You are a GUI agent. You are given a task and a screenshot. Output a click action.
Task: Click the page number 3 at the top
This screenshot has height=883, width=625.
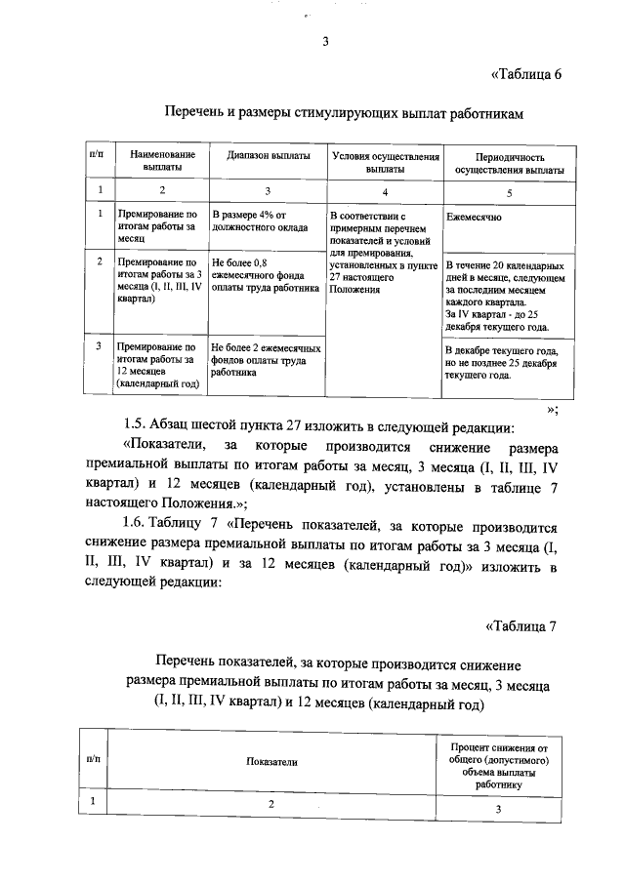[x=324, y=41]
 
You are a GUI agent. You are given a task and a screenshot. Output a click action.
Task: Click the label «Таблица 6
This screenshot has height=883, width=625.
[x=524, y=75]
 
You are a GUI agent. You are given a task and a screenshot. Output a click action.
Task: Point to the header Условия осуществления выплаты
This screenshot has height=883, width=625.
[x=383, y=161]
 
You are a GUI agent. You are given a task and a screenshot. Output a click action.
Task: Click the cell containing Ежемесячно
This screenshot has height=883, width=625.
[x=474, y=217]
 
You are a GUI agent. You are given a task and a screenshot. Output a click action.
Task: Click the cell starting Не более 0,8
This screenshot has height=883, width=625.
[x=265, y=276]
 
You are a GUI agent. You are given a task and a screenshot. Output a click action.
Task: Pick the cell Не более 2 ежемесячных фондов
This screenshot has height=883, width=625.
[x=265, y=360]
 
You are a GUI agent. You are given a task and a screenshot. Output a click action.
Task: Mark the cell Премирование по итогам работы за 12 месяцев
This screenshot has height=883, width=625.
[x=157, y=365]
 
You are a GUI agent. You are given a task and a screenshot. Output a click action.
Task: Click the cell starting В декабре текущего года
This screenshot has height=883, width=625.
[x=500, y=362]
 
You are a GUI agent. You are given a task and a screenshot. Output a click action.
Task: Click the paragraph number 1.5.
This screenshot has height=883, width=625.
[x=137, y=425]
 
